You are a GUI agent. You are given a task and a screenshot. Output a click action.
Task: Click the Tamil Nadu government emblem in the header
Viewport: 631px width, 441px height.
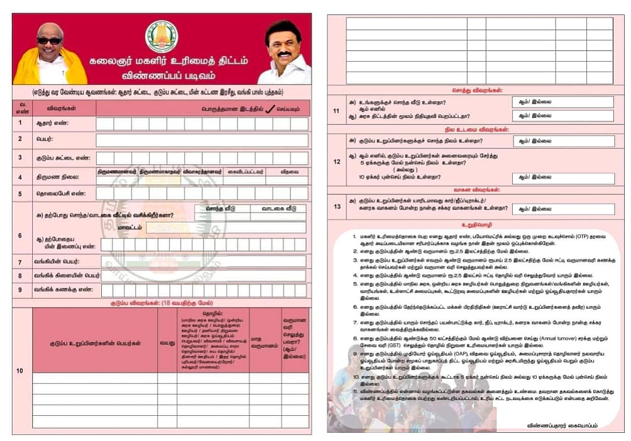(162, 36)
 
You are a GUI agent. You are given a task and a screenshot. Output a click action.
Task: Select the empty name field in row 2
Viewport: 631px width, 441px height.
(202, 140)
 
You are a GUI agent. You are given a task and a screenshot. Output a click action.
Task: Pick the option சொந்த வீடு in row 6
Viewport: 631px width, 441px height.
(220, 208)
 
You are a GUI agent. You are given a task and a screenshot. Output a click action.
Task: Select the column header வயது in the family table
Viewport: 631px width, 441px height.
(167, 343)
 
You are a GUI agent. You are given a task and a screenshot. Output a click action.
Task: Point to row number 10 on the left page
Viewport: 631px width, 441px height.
(20, 371)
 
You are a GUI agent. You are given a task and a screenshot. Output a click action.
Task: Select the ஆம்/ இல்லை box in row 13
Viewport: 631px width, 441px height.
(562, 208)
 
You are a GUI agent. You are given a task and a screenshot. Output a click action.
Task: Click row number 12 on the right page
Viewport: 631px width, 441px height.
(336, 161)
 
